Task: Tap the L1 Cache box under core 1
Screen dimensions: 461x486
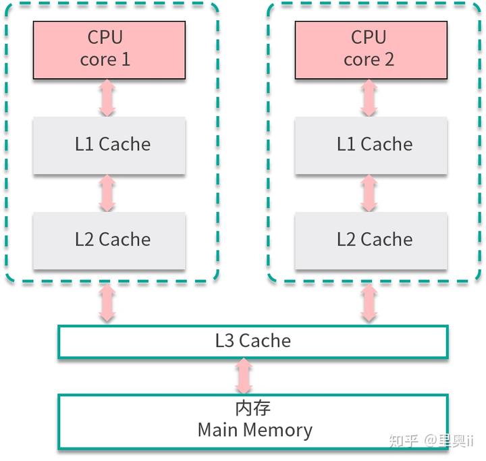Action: coord(109,144)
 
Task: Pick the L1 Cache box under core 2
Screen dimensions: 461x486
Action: coord(370,144)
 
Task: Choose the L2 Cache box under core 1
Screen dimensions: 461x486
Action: coord(109,240)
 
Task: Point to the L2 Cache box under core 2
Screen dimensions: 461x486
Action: coord(370,240)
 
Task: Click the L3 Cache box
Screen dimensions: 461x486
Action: coord(252,341)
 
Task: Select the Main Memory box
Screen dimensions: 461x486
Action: coord(252,420)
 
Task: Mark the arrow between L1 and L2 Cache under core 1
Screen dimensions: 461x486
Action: coord(107,193)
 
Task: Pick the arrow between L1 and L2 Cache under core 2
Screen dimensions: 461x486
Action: coord(369,193)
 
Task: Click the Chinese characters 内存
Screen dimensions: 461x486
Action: coord(254,408)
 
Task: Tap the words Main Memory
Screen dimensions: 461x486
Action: coord(254,430)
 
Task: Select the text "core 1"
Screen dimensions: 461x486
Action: coord(105,59)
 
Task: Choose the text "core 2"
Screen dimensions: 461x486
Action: coord(369,59)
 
